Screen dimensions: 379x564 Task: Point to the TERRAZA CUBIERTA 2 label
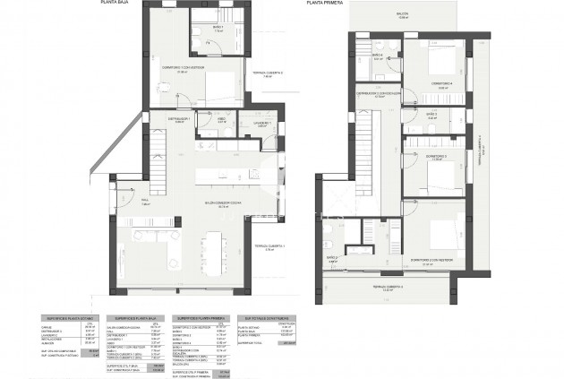coord(267,73)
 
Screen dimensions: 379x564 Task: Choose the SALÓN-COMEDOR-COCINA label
coord(198,203)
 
